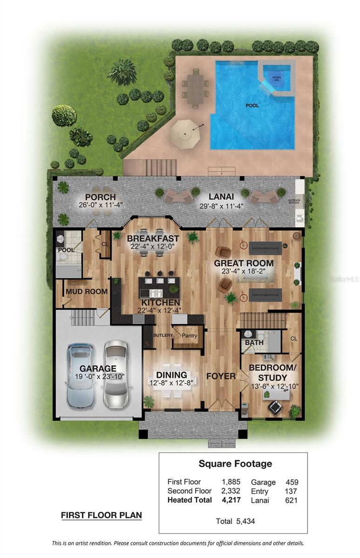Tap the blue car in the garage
[x=80, y=376]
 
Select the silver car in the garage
[x=115, y=374]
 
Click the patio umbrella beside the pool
[x=185, y=134]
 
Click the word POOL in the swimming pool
[x=252, y=106]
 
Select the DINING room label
[x=171, y=375]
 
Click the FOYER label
[x=220, y=376]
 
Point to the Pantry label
[x=189, y=335]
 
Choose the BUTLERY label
[x=163, y=335]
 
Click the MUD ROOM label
[x=87, y=292]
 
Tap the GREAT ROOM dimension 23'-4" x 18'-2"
[x=244, y=272]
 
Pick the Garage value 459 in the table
[x=292, y=482]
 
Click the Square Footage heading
[x=235, y=464]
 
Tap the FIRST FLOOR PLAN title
[x=101, y=515]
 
